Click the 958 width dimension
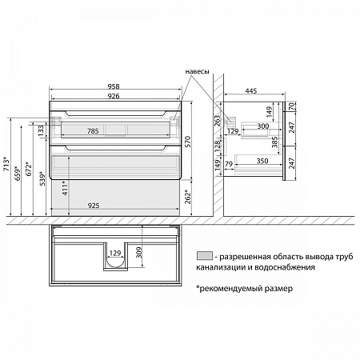(x=114, y=86)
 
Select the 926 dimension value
(x=114, y=96)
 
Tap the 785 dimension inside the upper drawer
(x=93, y=131)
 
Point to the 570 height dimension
(x=188, y=142)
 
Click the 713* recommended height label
(x=6, y=165)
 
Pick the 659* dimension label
(x=18, y=174)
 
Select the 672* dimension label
(x=29, y=169)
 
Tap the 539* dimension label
(x=42, y=178)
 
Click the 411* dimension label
(x=65, y=188)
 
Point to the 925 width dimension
(x=94, y=206)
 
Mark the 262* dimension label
(x=188, y=197)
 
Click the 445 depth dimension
(x=251, y=91)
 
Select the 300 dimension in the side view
(x=263, y=126)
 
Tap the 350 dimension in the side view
(x=262, y=161)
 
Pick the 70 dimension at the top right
(x=292, y=106)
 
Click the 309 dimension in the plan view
(x=139, y=253)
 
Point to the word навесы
(x=198, y=71)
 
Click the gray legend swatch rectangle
(x=205, y=255)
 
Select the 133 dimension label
(x=41, y=131)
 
